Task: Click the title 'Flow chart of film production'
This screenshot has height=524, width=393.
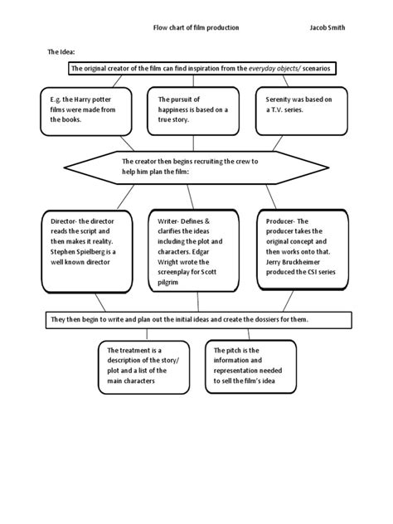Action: pos(196,27)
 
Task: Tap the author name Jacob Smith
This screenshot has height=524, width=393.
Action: pos(327,27)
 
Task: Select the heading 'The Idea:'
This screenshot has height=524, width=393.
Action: pos(61,51)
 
